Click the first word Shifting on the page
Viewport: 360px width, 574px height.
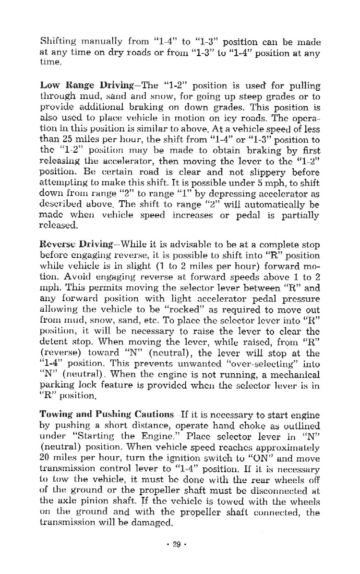click(55, 42)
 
